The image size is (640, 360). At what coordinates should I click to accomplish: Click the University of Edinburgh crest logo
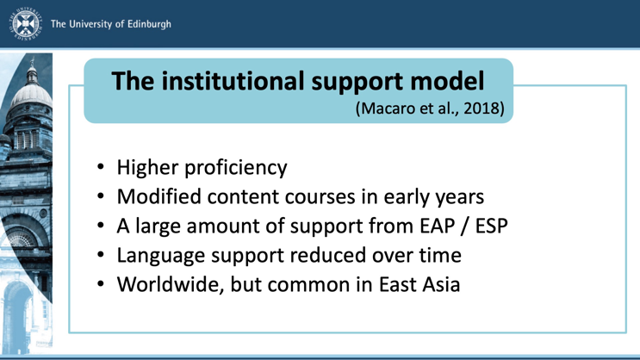(x=26, y=23)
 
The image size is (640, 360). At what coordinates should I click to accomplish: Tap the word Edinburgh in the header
(x=149, y=24)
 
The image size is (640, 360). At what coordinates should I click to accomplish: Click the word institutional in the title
(x=233, y=81)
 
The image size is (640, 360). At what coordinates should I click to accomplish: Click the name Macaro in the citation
(x=386, y=109)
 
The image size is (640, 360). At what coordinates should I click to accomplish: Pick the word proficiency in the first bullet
(x=236, y=168)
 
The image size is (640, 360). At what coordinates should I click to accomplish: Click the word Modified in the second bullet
(x=159, y=196)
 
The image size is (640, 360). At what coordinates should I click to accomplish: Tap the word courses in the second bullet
(x=320, y=197)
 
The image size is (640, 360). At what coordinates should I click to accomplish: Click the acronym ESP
(x=492, y=226)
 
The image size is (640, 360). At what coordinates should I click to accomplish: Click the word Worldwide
(x=171, y=284)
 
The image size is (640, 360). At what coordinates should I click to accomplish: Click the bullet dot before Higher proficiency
(x=101, y=167)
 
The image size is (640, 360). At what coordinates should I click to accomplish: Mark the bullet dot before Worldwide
(x=101, y=284)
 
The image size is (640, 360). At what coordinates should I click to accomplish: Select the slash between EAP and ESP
(x=465, y=226)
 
